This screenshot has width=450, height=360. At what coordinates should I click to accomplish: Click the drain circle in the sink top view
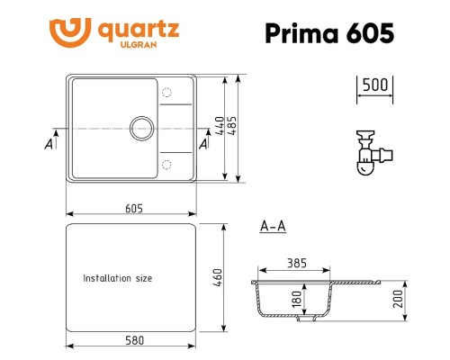[x=141, y=128]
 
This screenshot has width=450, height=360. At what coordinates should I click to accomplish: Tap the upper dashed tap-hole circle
[x=166, y=93]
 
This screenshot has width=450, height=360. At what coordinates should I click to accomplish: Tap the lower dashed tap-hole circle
[x=166, y=164]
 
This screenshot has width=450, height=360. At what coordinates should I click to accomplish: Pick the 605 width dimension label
[x=133, y=208]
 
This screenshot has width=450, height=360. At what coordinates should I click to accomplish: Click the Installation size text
[x=118, y=279]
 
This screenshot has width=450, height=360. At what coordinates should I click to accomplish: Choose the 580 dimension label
[x=131, y=339]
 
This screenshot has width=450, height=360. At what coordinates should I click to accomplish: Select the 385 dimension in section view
[x=297, y=264]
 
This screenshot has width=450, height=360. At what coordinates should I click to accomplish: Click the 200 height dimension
[x=397, y=299]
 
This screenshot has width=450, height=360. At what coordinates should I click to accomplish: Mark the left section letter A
[x=47, y=142]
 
